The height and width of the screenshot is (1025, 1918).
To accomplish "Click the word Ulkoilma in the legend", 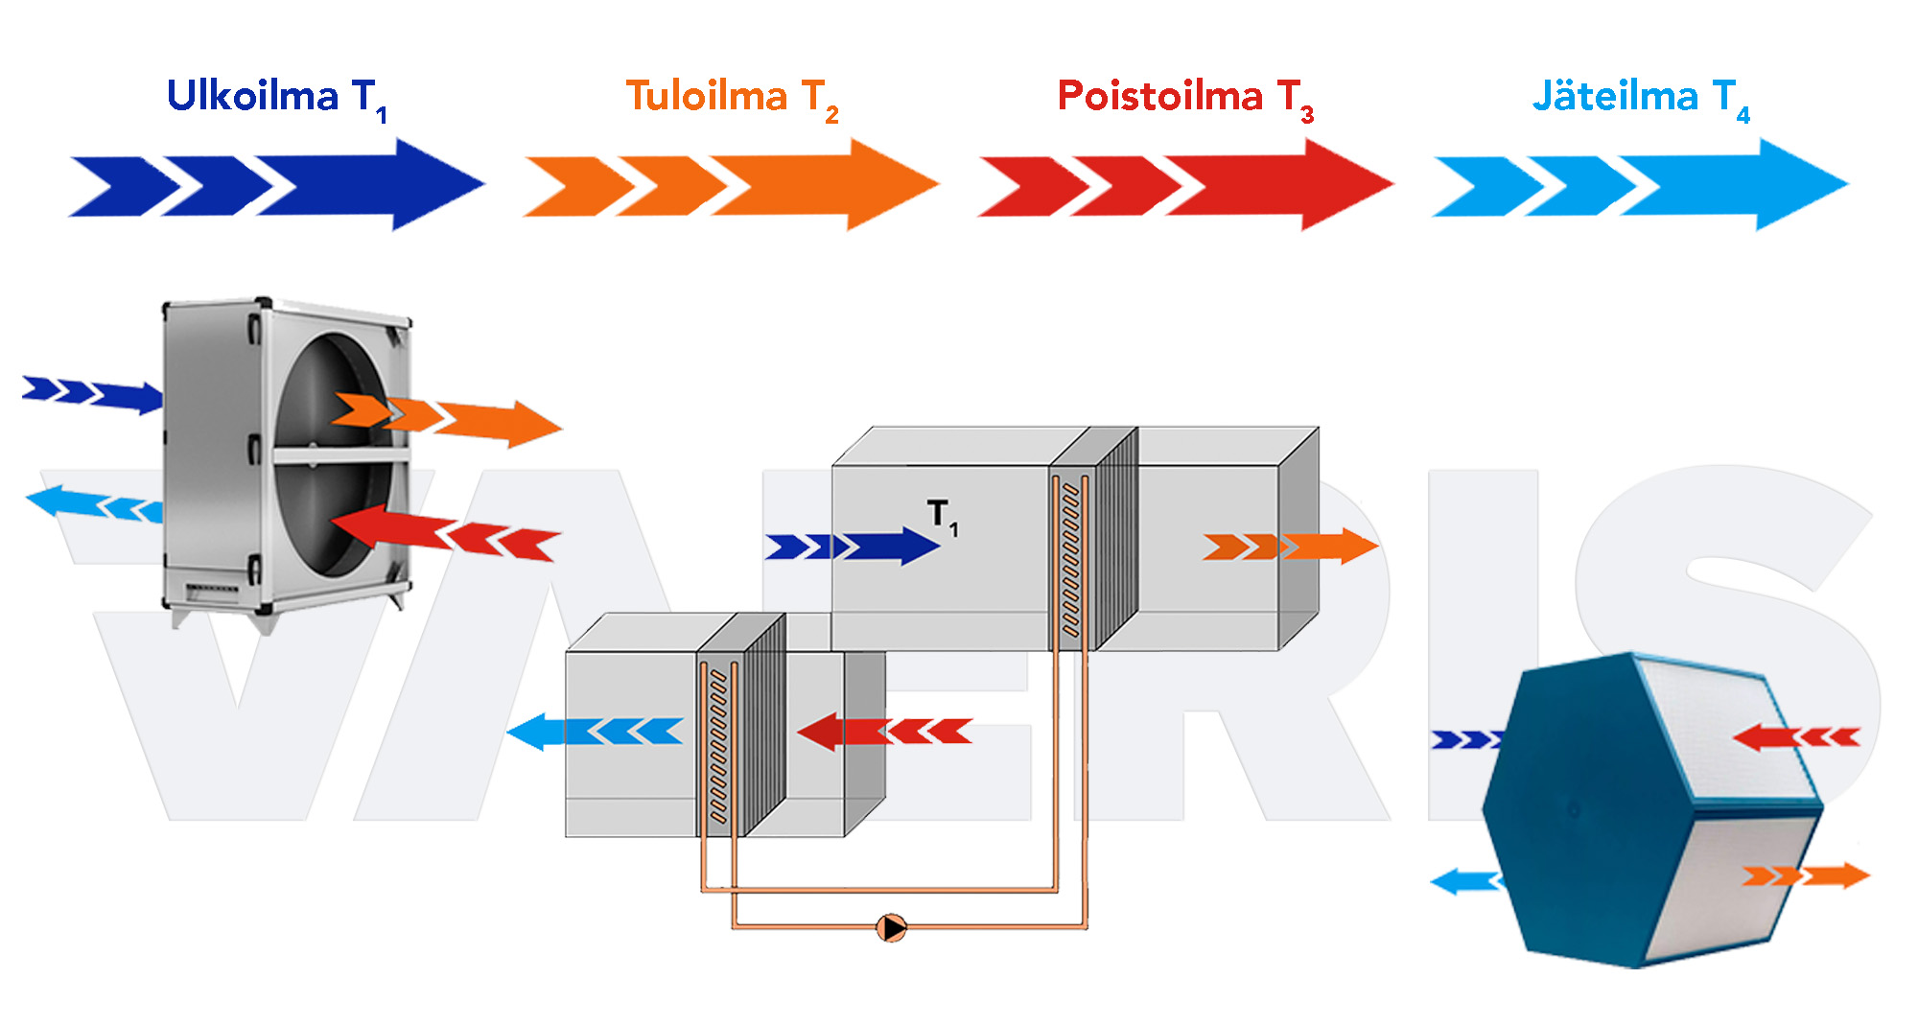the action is click(x=253, y=96).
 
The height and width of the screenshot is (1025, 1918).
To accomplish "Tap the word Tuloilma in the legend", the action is click(x=707, y=96).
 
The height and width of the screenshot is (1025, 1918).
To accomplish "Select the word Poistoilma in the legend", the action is click(x=1160, y=96).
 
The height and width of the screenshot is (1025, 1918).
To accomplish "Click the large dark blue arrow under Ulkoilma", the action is click(x=277, y=185).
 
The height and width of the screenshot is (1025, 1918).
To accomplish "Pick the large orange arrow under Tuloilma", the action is click(x=731, y=185).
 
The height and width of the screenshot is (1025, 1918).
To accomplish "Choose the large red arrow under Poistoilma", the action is click(x=1185, y=185).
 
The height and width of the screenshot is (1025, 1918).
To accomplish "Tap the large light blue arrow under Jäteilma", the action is click(x=1640, y=185).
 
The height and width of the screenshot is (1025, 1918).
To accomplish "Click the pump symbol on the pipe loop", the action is click(x=892, y=927).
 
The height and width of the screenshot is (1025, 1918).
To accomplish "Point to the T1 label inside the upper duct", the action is click(x=943, y=517).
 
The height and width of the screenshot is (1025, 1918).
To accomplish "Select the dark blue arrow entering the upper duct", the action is click(x=852, y=547).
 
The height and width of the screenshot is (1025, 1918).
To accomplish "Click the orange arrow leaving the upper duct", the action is click(x=1290, y=547).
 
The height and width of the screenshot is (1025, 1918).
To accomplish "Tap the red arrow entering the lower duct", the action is click(x=885, y=732).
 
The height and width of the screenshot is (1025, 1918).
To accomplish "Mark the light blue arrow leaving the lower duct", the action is click(x=595, y=732).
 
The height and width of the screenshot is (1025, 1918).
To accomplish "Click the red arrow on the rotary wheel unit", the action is click(x=445, y=532).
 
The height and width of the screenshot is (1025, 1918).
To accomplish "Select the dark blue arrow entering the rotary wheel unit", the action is click(x=93, y=394).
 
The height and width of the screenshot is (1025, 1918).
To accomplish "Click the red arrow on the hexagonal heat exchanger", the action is click(x=1796, y=736).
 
